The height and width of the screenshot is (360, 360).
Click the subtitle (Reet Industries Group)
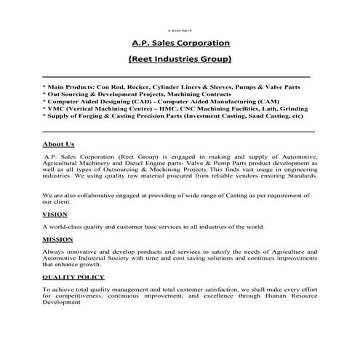pos(179,58)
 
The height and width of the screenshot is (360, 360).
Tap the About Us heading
pos(58,145)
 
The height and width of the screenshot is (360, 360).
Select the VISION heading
pos(55,215)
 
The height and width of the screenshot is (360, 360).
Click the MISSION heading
pos(57,239)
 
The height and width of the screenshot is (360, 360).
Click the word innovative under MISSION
pos(76,251)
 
